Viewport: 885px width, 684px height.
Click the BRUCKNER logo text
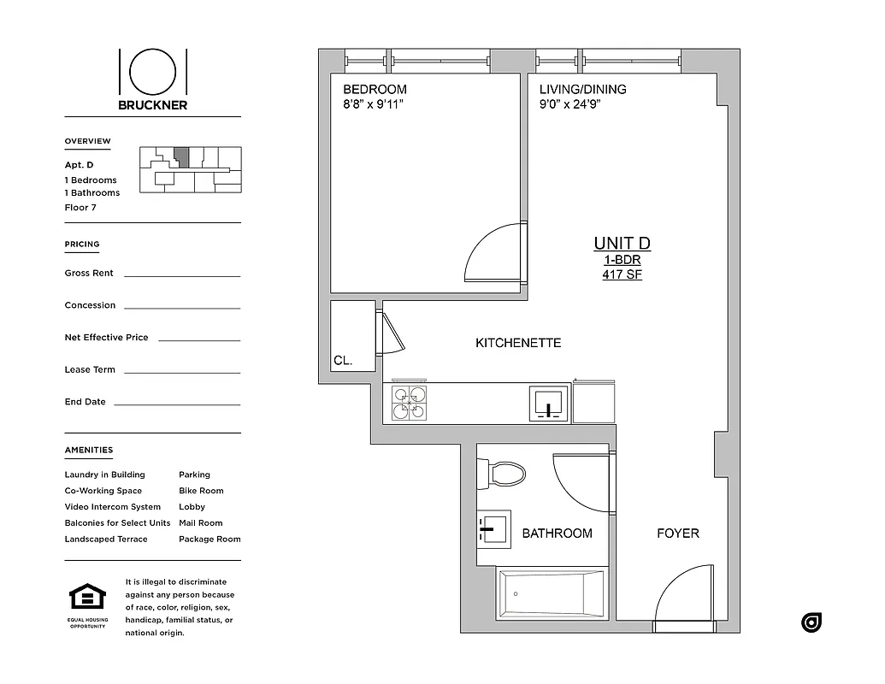(153, 105)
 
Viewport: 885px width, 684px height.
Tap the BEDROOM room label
(375, 89)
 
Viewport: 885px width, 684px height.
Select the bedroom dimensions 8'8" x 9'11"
(373, 104)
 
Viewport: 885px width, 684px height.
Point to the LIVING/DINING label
(582, 89)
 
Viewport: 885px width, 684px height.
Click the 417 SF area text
(622, 274)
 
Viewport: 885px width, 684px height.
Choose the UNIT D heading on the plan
(622, 244)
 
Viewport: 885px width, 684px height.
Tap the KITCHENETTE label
(518, 343)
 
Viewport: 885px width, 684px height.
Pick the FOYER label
(677, 534)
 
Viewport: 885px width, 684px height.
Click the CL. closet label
(343, 361)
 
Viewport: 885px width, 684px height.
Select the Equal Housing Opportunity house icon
(87, 596)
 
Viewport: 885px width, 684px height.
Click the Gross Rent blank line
(182, 275)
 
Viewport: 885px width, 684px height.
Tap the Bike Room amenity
(201, 491)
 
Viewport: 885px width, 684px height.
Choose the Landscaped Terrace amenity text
(106, 540)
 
